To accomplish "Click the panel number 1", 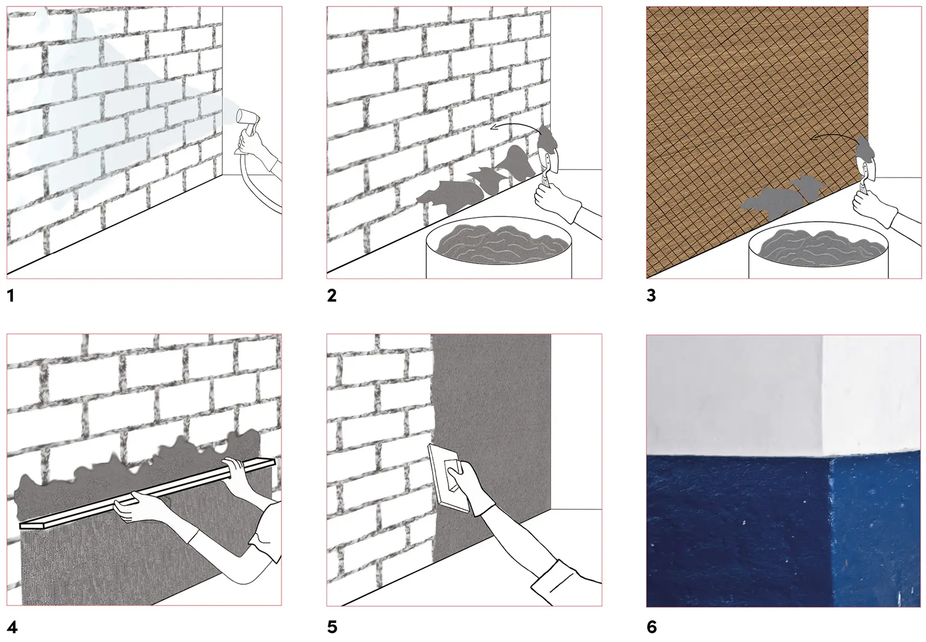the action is click(x=11, y=296).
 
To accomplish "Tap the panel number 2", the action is click(x=332, y=296).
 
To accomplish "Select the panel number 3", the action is click(x=651, y=296).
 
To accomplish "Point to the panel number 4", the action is click(x=12, y=627).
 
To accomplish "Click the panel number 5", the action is click(x=332, y=627).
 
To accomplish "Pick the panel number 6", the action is click(x=652, y=627).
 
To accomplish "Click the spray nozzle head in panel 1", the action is click(x=247, y=118).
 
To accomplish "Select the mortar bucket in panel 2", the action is click(x=499, y=247).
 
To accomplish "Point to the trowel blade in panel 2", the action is click(x=549, y=161).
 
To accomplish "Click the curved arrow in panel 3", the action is click(x=835, y=135).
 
